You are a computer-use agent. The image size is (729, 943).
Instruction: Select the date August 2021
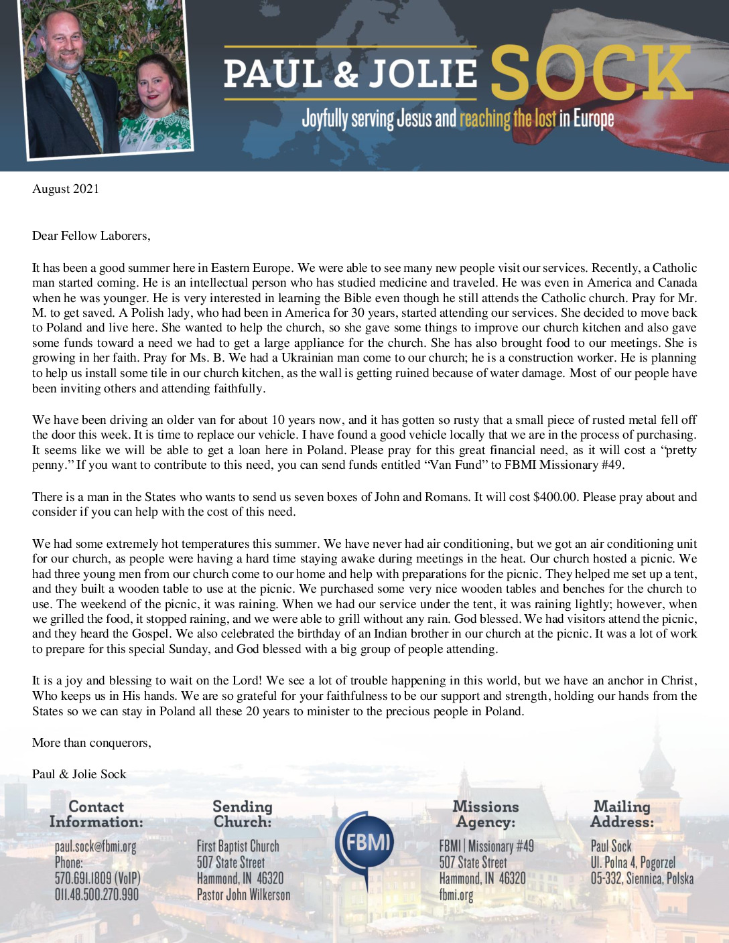pos(66,189)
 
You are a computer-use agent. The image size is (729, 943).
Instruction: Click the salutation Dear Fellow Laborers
pos(91,236)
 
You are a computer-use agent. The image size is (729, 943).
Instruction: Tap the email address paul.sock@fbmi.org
pos(95,847)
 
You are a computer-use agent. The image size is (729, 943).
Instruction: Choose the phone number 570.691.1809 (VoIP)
pos(98,878)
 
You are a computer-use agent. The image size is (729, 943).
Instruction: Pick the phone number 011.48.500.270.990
pos(96,894)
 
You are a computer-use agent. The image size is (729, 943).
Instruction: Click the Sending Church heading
pos(243,814)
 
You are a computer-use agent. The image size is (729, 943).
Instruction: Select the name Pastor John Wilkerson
pos(243,894)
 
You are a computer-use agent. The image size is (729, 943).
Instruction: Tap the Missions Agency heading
pos(486,814)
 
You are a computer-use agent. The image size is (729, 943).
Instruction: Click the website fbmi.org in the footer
pos(456,894)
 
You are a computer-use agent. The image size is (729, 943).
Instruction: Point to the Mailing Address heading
pos(622,814)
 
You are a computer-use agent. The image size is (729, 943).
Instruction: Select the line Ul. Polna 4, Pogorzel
pos(633,863)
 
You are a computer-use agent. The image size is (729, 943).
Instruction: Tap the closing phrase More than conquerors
pos(91,743)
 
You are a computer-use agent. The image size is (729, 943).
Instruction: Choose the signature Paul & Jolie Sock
pos(79,774)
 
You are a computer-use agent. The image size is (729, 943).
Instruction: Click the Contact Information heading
pos(96,814)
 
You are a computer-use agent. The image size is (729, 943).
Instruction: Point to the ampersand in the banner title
pos(346,74)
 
